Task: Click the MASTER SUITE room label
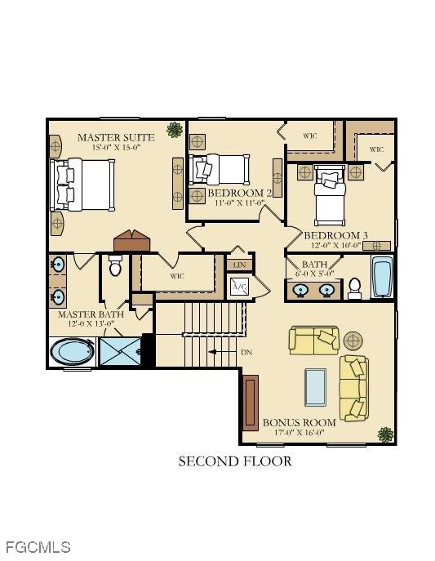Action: pyautogui.click(x=116, y=137)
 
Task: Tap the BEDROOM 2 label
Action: pyautogui.click(x=239, y=194)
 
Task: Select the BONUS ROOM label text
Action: pyautogui.click(x=300, y=422)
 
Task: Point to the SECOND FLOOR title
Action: pyautogui.click(x=235, y=461)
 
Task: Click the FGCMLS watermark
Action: pyautogui.click(x=38, y=547)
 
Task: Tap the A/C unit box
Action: pyautogui.click(x=239, y=287)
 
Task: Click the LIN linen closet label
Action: pyautogui.click(x=239, y=265)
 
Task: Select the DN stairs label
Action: pyautogui.click(x=246, y=352)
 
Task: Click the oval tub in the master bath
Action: pyautogui.click(x=72, y=352)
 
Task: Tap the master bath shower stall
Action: pyautogui.click(x=120, y=351)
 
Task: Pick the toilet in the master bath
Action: pyautogui.click(x=115, y=265)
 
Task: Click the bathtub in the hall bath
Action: pyautogui.click(x=382, y=277)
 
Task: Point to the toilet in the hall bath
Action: pyautogui.click(x=354, y=288)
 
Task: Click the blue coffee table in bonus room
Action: pyautogui.click(x=315, y=388)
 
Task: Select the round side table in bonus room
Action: pyautogui.click(x=353, y=341)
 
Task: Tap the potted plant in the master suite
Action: pyautogui.click(x=175, y=130)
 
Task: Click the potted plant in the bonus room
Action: pyautogui.click(x=386, y=434)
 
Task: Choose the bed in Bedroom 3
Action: pyautogui.click(x=330, y=195)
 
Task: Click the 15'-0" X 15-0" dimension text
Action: pyautogui.click(x=117, y=148)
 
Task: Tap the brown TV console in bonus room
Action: pyautogui.click(x=251, y=403)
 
